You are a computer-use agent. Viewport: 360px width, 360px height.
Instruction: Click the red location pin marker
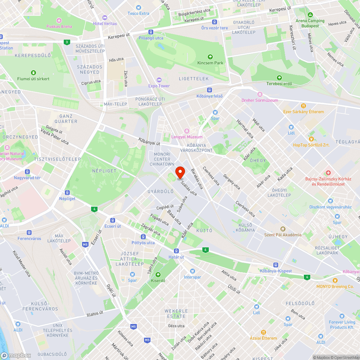pyautogui.click(x=180, y=172)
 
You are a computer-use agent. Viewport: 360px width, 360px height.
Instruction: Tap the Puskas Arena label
pyautogui.click(x=59, y=26)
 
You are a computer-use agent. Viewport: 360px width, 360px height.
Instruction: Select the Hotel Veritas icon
pyautogui.click(x=105, y=18)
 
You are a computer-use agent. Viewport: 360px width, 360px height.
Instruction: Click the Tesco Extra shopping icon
pyautogui.click(x=139, y=8)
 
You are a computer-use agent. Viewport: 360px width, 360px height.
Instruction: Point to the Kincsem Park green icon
pyautogui.click(x=210, y=57)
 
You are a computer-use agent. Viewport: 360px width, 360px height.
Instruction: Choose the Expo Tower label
pyautogui.click(x=159, y=86)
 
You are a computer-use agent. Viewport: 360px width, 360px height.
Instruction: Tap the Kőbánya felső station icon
pyautogui.click(x=210, y=90)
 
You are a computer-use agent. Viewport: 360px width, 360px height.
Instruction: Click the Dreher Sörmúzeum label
pyautogui.click(x=260, y=100)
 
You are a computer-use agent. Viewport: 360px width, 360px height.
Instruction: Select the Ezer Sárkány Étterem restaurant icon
pyautogui.click(x=303, y=106)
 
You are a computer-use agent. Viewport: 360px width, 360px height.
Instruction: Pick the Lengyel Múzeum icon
pyautogui.click(x=186, y=131)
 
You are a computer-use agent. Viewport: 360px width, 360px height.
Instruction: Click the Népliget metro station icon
pyautogui.click(x=67, y=193)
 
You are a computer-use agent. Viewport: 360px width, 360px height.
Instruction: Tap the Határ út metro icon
pyautogui.click(x=176, y=251)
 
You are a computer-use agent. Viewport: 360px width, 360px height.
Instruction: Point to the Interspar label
pyautogui.click(x=192, y=277)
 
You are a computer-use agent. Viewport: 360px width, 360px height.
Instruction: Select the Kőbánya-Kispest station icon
pyautogui.click(x=276, y=265)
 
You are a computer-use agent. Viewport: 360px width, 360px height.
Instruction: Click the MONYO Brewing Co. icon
pyautogui.click(x=335, y=280)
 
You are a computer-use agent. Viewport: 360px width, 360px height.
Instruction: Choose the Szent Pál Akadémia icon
pyautogui.click(x=283, y=229)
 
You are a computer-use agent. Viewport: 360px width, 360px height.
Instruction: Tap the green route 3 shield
pyautogui.click(x=67, y=42)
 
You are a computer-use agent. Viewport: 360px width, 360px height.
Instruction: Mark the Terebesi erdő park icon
pyautogui.click(x=279, y=78)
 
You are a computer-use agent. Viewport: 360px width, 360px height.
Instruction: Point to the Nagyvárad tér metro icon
pyautogui.click(x=27, y=171)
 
